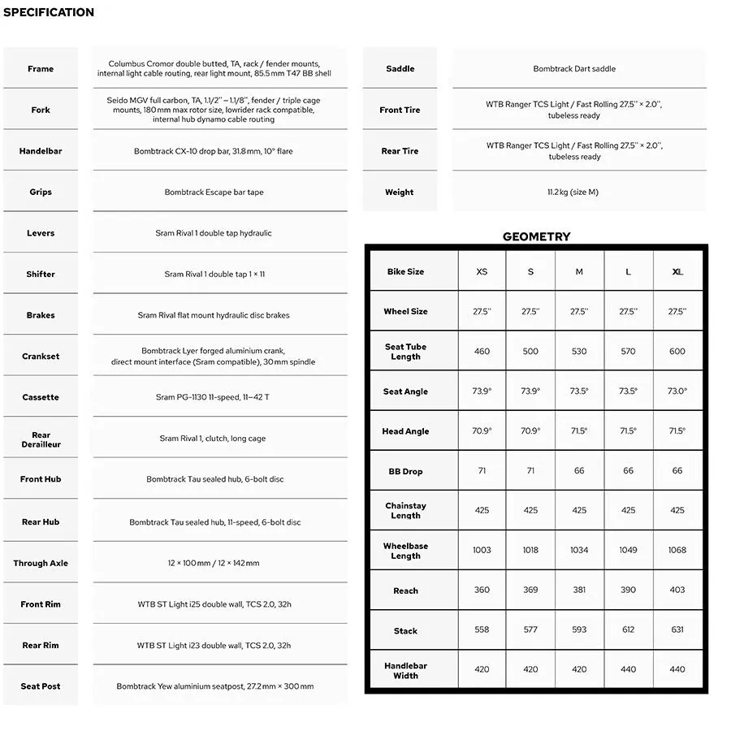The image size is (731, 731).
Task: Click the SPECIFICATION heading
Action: pyautogui.click(x=49, y=12)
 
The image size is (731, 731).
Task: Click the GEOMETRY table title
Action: pyautogui.click(x=536, y=236)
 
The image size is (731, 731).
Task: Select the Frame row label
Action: pyautogui.click(x=41, y=69)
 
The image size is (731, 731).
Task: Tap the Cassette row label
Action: pyautogui.click(x=41, y=397)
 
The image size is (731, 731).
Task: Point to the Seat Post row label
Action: pyautogui.click(x=41, y=686)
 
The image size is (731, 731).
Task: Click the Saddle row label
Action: pyautogui.click(x=400, y=69)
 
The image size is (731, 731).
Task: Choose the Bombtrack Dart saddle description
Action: pyautogui.click(x=574, y=69)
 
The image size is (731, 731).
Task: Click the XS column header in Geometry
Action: pyautogui.click(x=482, y=272)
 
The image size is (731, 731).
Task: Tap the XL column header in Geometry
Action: pyautogui.click(x=677, y=272)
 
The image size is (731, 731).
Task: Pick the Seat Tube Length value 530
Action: pyautogui.click(x=579, y=352)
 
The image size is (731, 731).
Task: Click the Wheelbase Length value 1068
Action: pyautogui.click(x=677, y=550)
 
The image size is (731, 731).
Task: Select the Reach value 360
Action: pyautogui.click(x=482, y=590)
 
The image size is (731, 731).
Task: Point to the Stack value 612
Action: pyautogui.click(x=628, y=629)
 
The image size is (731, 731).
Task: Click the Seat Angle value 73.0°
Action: pyautogui.click(x=677, y=391)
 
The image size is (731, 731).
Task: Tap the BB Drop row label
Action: pyautogui.click(x=405, y=471)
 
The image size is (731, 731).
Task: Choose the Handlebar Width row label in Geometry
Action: pyautogui.click(x=405, y=670)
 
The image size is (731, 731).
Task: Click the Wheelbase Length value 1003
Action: pyautogui.click(x=482, y=550)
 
